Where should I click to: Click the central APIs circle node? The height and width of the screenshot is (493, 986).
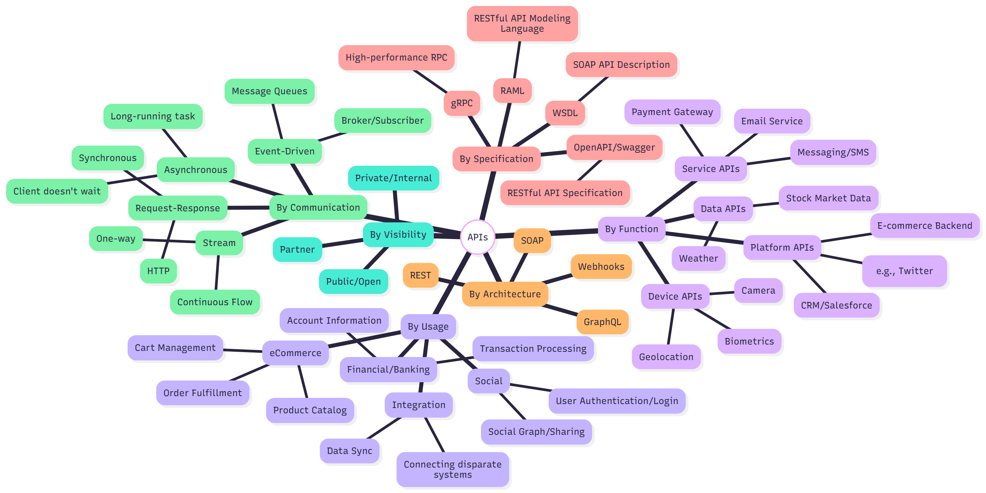click(477, 237)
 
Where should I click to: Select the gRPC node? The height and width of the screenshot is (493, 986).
click(462, 103)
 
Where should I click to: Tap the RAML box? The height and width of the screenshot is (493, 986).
click(512, 91)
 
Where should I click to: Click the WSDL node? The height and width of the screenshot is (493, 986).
click(565, 113)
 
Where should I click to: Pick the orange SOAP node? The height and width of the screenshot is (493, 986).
click(532, 240)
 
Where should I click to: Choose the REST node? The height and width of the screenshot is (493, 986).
click(420, 275)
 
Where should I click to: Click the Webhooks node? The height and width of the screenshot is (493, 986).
click(601, 267)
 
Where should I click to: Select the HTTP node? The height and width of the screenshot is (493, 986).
click(158, 271)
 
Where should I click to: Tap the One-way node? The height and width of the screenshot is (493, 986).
click(116, 238)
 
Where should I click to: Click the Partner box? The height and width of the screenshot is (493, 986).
click(297, 250)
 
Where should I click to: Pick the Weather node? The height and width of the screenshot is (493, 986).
click(698, 258)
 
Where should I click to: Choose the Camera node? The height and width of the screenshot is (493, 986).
click(758, 291)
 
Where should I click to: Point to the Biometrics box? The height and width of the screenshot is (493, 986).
click(749, 341)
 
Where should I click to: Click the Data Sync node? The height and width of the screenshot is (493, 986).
click(349, 451)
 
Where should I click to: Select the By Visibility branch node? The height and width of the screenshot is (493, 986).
click(398, 234)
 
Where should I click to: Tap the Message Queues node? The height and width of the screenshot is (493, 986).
click(269, 91)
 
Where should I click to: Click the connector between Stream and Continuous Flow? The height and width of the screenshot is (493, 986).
click(217, 272)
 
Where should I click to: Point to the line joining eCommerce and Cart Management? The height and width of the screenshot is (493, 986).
click(243, 350)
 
